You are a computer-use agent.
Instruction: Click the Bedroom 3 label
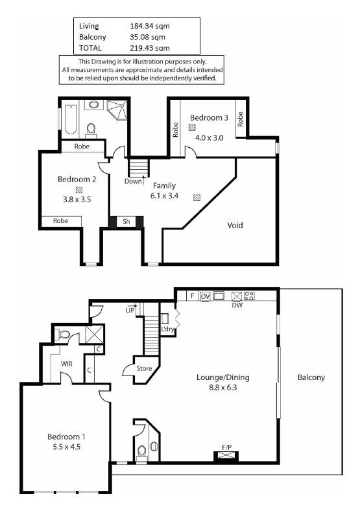209,118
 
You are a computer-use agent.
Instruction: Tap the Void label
235,226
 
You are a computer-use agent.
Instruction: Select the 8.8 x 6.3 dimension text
223,387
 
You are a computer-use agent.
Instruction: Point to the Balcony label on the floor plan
311,377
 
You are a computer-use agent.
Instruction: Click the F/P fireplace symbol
226,455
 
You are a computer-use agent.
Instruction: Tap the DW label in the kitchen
237,305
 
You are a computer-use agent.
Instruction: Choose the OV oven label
206,296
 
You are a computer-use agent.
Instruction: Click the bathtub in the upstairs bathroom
71,120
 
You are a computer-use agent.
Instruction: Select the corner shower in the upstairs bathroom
117,110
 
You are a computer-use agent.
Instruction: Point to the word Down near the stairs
133,182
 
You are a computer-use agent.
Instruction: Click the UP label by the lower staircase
130,311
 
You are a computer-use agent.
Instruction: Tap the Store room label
144,368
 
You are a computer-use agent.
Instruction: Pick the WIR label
66,364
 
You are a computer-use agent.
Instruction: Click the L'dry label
167,329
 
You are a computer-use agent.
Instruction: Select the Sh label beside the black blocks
126,222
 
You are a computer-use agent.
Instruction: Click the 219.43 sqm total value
150,48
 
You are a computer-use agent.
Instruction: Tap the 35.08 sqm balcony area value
147,37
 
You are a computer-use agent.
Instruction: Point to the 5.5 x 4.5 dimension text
66,447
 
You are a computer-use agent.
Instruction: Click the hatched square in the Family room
197,198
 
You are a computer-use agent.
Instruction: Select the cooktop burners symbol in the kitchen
249,296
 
